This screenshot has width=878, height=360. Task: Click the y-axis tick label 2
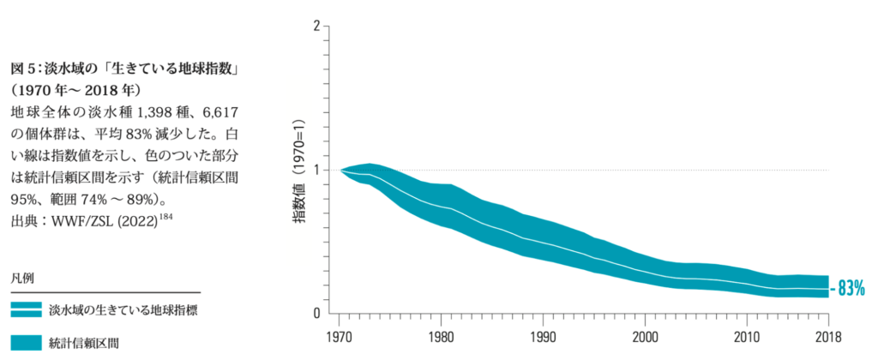(316, 27)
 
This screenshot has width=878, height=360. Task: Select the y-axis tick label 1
(316, 170)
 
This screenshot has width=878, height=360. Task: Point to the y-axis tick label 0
(316, 313)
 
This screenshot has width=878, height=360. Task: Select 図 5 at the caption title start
(23, 68)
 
